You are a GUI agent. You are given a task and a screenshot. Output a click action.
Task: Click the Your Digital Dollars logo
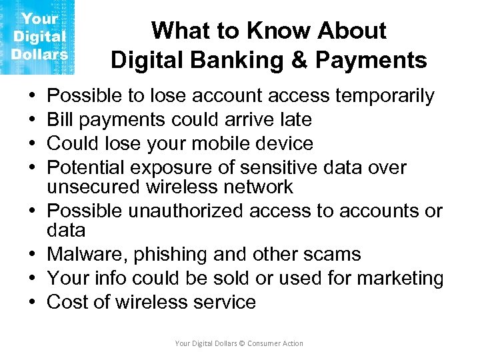pos(37,37)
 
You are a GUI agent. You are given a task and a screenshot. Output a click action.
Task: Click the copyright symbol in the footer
pos(242,343)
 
